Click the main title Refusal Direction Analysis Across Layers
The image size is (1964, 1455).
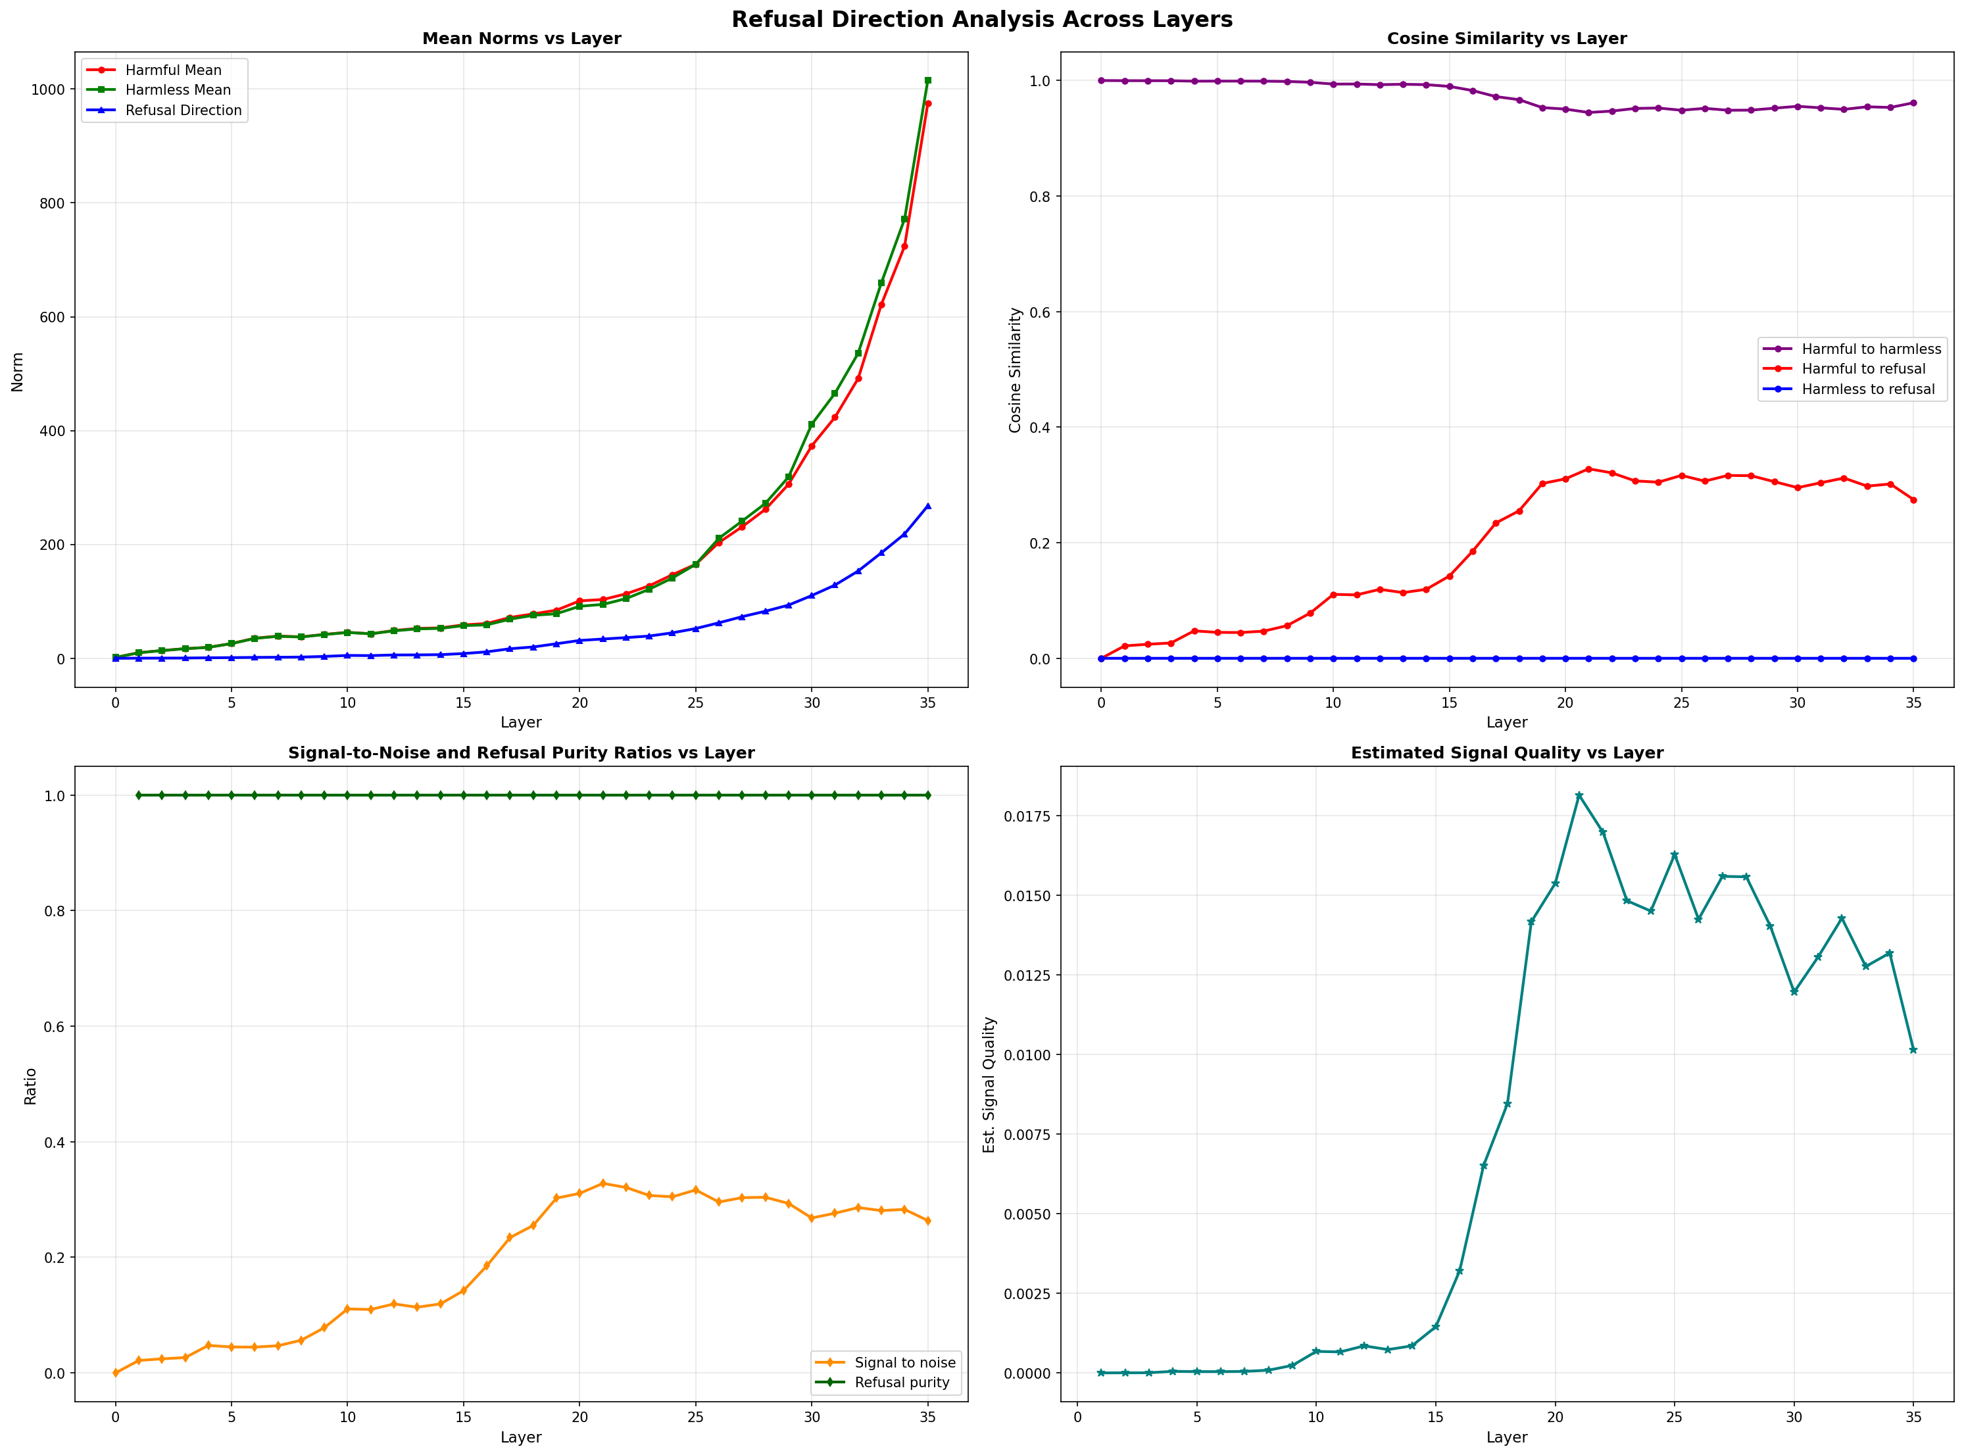click(981, 19)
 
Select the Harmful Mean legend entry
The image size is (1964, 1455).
click(172, 70)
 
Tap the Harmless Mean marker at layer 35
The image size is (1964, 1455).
click(927, 80)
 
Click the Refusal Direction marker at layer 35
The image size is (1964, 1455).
click(927, 506)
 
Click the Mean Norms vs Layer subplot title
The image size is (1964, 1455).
click(522, 39)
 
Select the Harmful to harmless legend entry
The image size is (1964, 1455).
click(1871, 349)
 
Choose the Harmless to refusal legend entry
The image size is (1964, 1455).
click(1867, 389)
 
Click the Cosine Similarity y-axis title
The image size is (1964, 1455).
click(1015, 370)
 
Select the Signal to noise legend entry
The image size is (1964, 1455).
click(904, 1362)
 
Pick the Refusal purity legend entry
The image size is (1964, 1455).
click(902, 1383)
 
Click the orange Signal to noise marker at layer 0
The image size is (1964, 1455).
click(115, 1373)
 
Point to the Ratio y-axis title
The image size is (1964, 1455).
click(30, 1086)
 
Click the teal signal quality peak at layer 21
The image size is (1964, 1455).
click(1579, 795)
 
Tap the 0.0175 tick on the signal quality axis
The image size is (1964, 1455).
click(1026, 816)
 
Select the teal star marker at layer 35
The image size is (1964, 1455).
click(1913, 1050)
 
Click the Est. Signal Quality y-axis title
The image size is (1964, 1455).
click(990, 1085)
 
